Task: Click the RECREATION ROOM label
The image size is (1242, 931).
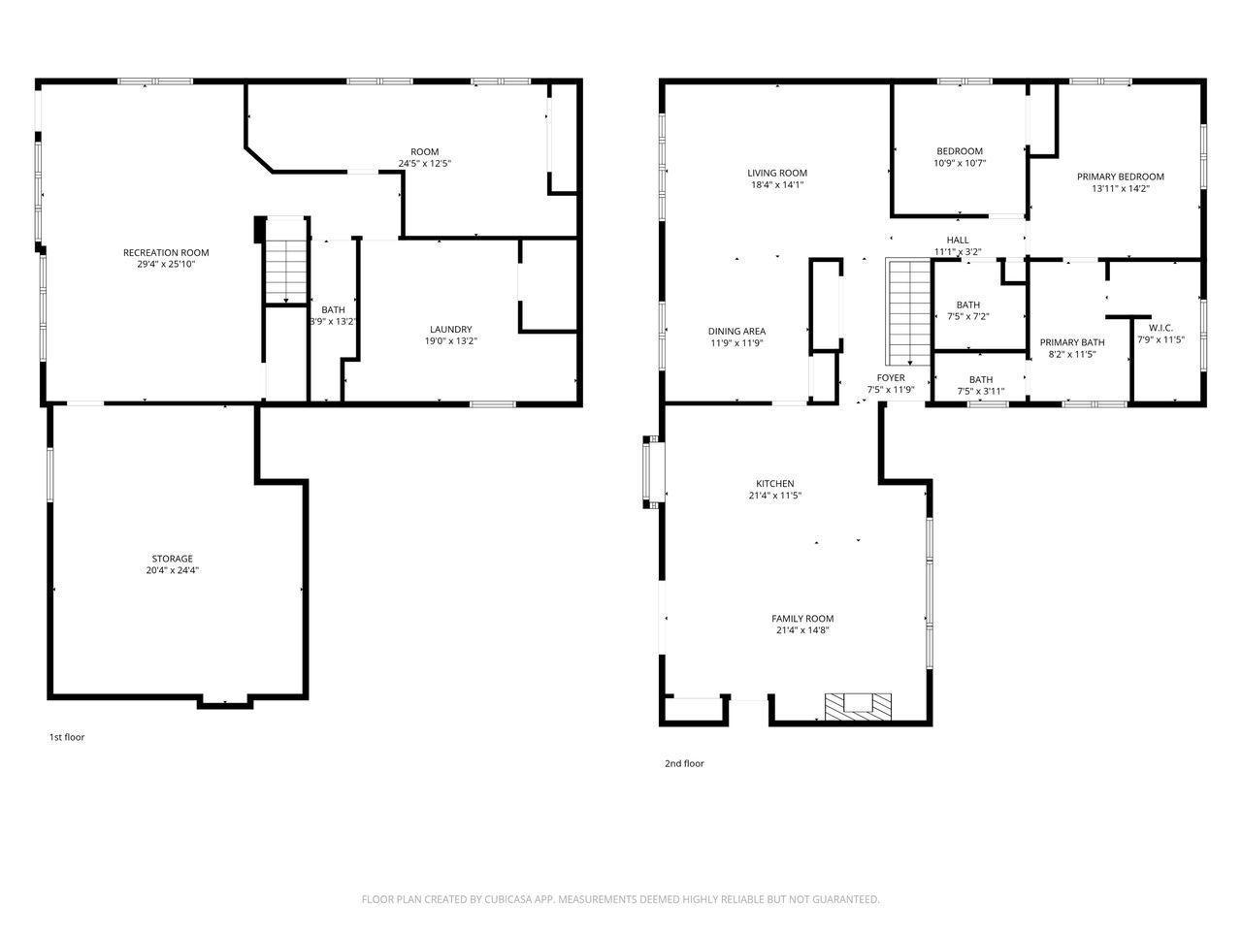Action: (166, 253)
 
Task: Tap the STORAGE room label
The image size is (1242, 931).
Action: (172, 559)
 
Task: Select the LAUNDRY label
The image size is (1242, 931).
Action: (450, 329)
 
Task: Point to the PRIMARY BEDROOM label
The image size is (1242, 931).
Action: (1120, 177)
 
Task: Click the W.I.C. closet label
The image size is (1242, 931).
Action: (1160, 328)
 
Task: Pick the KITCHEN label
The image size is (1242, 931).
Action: (774, 483)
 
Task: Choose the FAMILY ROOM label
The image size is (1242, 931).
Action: (802, 619)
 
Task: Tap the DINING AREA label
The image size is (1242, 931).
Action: (736, 332)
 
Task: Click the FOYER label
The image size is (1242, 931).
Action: (891, 377)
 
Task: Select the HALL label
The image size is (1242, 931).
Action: (958, 241)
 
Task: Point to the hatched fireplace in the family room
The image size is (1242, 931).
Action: (858, 707)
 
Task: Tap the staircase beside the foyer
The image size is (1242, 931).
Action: (908, 312)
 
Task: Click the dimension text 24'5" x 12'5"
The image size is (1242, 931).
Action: (424, 163)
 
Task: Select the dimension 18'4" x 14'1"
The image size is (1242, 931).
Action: (777, 184)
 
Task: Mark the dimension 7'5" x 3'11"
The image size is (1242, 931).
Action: (981, 391)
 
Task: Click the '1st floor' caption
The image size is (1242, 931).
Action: (67, 737)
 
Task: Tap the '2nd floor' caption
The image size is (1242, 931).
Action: (684, 763)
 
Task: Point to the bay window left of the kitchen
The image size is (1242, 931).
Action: (653, 472)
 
